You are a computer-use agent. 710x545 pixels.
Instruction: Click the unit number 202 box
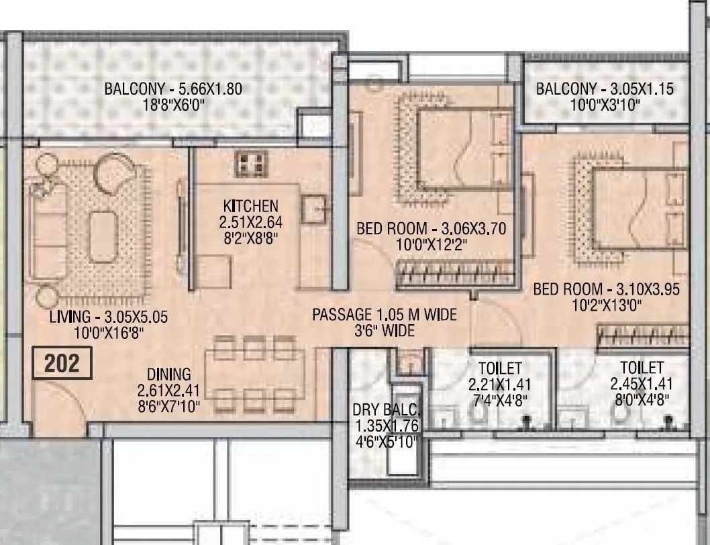62,363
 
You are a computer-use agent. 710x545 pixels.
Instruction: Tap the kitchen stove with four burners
251,163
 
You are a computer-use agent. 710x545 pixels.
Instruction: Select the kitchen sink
314,209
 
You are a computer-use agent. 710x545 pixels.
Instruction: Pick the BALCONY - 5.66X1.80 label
172,89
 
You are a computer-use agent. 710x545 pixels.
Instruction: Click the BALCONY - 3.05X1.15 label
604,89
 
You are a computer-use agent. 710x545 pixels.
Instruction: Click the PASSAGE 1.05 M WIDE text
385,314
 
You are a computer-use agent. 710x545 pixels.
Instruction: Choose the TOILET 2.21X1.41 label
500,368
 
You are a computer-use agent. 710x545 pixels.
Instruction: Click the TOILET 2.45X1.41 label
641,368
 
